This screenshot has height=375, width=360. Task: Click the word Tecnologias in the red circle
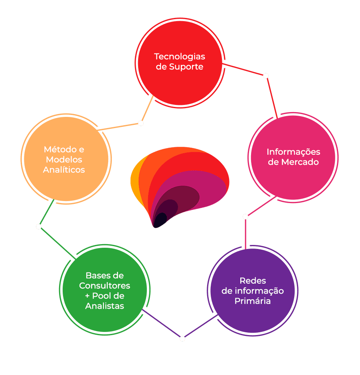180,56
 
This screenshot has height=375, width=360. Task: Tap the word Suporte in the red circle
186,67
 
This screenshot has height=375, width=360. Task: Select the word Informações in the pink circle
293,152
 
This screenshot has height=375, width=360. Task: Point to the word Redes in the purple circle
253,280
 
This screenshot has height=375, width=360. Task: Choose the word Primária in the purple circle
253,301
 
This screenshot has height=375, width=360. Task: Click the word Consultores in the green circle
105,286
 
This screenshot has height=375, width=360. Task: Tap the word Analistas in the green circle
105,306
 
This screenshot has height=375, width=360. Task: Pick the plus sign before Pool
87,296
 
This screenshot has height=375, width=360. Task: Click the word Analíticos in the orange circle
64,170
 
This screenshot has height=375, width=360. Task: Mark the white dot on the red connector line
266,76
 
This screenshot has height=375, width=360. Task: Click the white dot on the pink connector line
245,217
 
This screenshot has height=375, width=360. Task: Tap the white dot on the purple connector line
182,339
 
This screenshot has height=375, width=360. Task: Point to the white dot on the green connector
39,227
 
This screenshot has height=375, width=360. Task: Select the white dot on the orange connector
141,123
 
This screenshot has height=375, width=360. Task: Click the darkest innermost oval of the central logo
161,219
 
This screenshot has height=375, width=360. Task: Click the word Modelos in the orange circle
64,160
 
